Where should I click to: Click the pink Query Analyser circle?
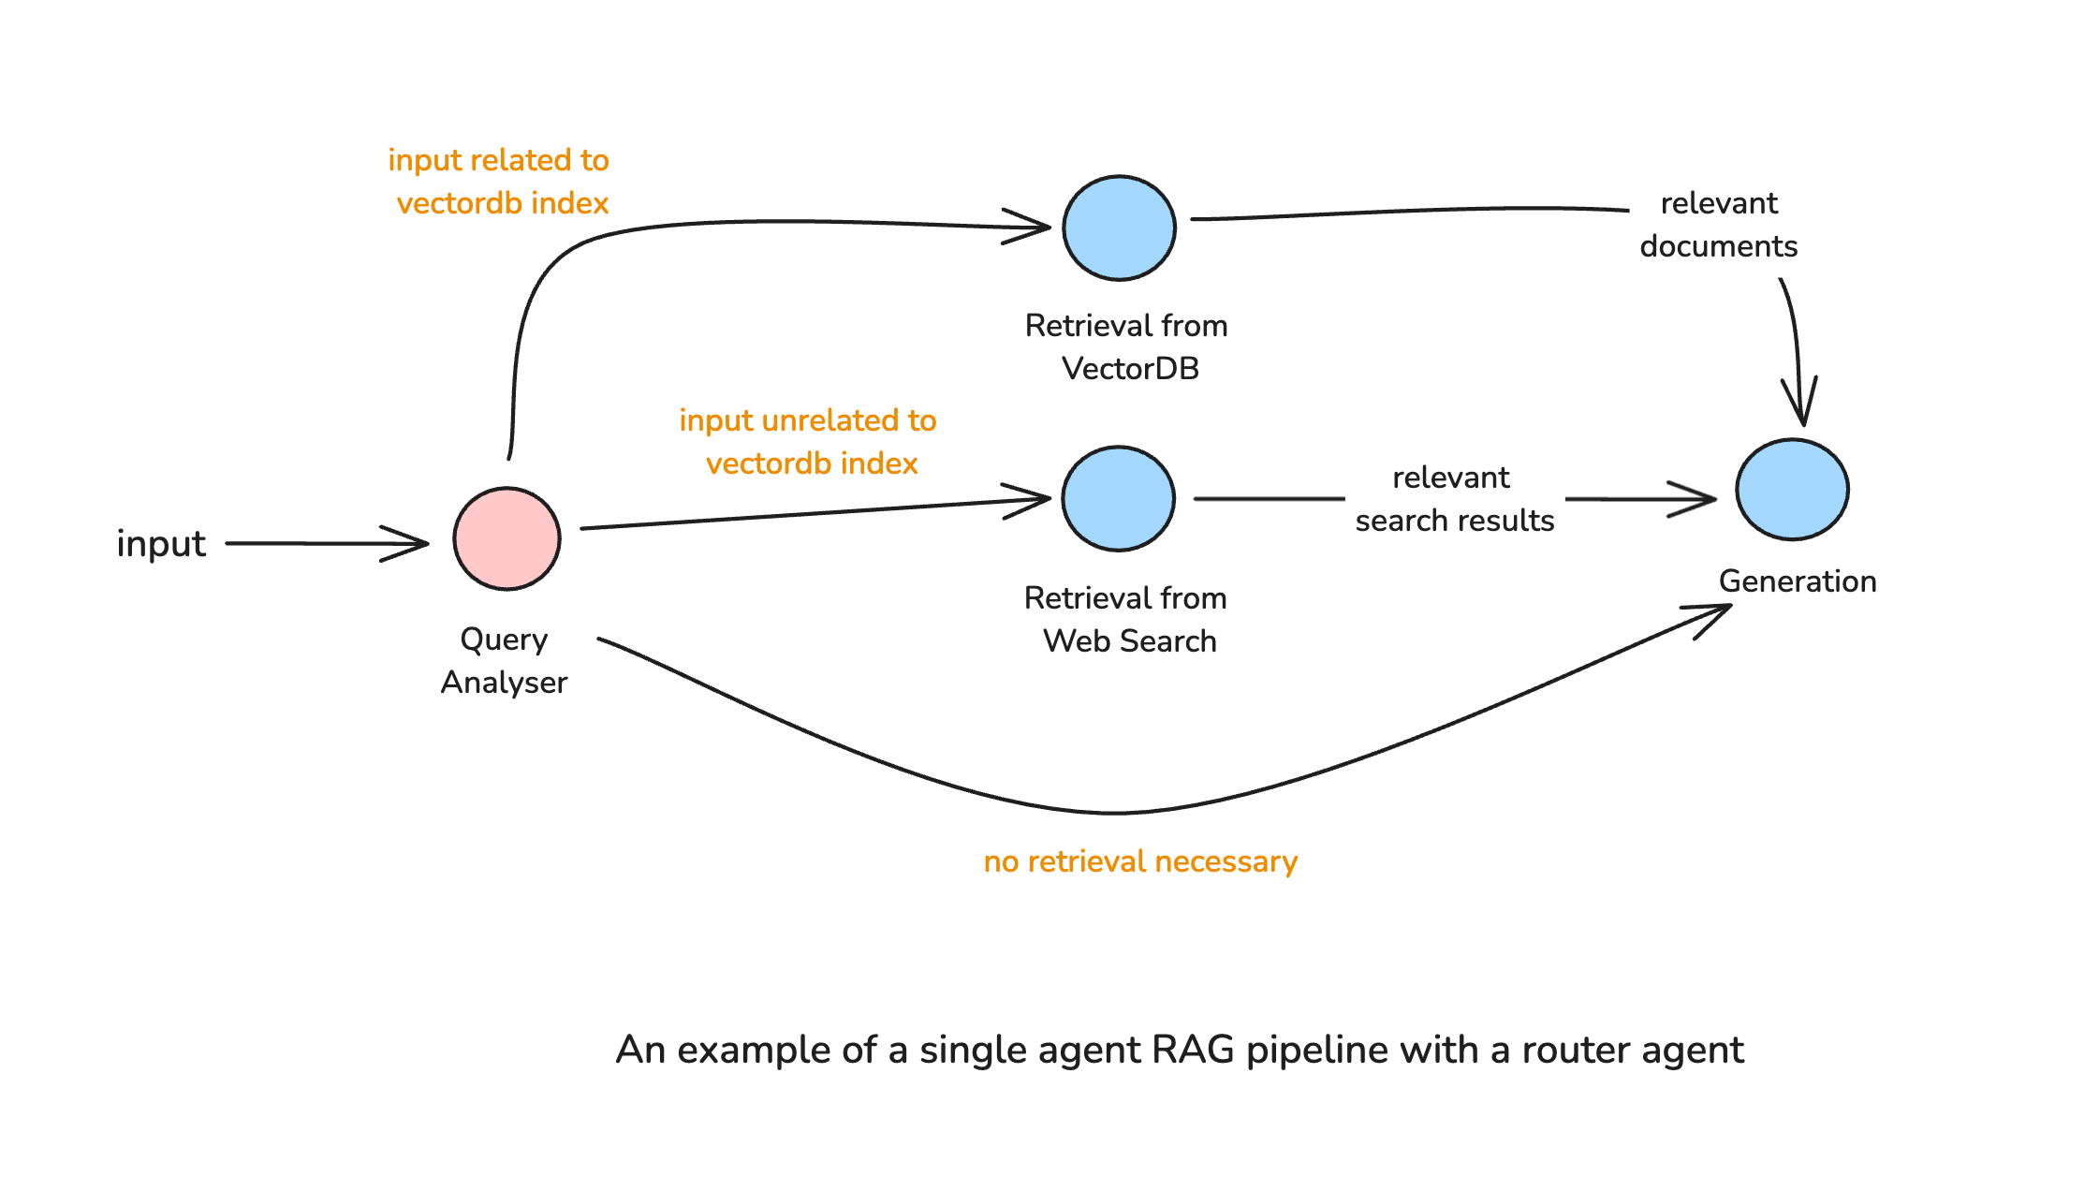[x=506, y=538]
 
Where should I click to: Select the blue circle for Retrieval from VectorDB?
[x=1119, y=228]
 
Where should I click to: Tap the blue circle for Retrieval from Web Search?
[x=1118, y=498]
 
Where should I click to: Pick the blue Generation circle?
[x=1792, y=490]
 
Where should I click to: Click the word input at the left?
[x=161, y=544]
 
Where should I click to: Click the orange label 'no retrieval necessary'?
[x=1139, y=861]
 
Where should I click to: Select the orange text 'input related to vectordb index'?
[x=500, y=182]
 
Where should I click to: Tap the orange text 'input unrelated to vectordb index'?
[x=809, y=442]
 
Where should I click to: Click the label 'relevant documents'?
[x=1718, y=225]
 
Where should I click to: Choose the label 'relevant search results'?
[x=1454, y=499]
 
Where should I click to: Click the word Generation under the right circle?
[x=1797, y=581]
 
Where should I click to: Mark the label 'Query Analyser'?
[x=504, y=660]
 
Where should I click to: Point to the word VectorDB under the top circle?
[x=1130, y=369]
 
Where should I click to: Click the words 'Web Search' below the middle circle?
[x=1129, y=641]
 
